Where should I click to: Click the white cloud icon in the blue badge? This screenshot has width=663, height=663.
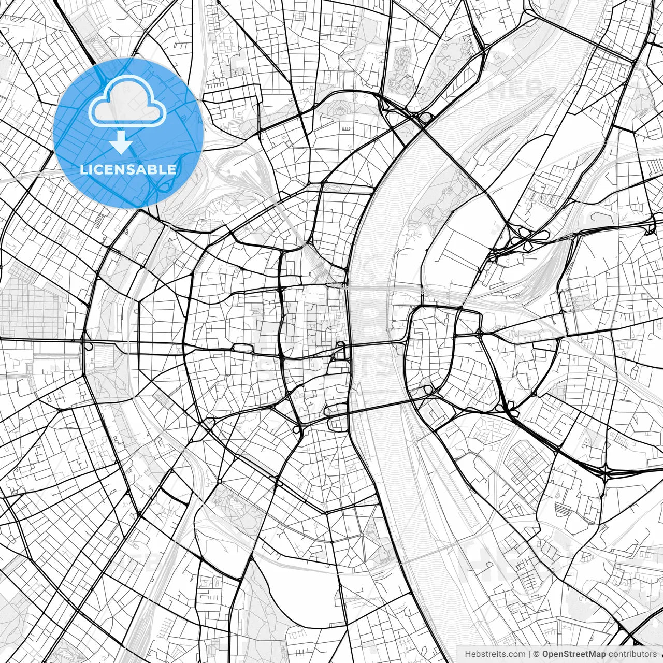[x=127, y=101]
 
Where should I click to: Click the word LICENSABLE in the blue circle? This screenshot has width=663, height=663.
[x=128, y=169]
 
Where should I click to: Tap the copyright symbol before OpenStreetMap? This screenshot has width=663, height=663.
[x=537, y=654]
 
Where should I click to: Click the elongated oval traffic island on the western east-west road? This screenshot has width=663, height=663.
[x=241, y=348]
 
